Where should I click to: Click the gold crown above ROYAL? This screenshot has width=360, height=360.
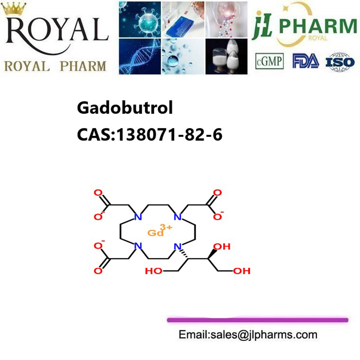click(14, 8)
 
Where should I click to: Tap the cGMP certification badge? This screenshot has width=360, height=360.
click(269, 61)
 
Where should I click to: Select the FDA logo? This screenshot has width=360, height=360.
click(306, 61)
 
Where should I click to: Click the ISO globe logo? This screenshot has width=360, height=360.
click(340, 62)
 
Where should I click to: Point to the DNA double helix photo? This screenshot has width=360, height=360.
click(140, 57)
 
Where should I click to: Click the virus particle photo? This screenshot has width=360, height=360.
click(140, 19)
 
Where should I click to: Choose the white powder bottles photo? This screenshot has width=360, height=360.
click(226, 57)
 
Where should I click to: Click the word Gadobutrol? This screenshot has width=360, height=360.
click(125, 108)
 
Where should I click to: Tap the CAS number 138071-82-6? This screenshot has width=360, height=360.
click(170, 134)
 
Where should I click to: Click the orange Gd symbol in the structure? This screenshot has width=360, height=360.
click(155, 233)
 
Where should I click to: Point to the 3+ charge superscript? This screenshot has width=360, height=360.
click(166, 227)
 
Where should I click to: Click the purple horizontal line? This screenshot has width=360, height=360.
click(257, 320)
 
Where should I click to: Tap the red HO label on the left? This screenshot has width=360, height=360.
click(153, 271)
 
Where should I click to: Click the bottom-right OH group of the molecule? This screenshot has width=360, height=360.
click(242, 271)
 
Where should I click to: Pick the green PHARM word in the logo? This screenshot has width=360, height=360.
click(318, 26)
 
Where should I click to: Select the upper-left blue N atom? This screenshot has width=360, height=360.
click(138, 217)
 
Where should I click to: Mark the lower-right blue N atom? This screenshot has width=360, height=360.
click(178, 247)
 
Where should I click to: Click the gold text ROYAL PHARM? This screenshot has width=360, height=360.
click(55, 67)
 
